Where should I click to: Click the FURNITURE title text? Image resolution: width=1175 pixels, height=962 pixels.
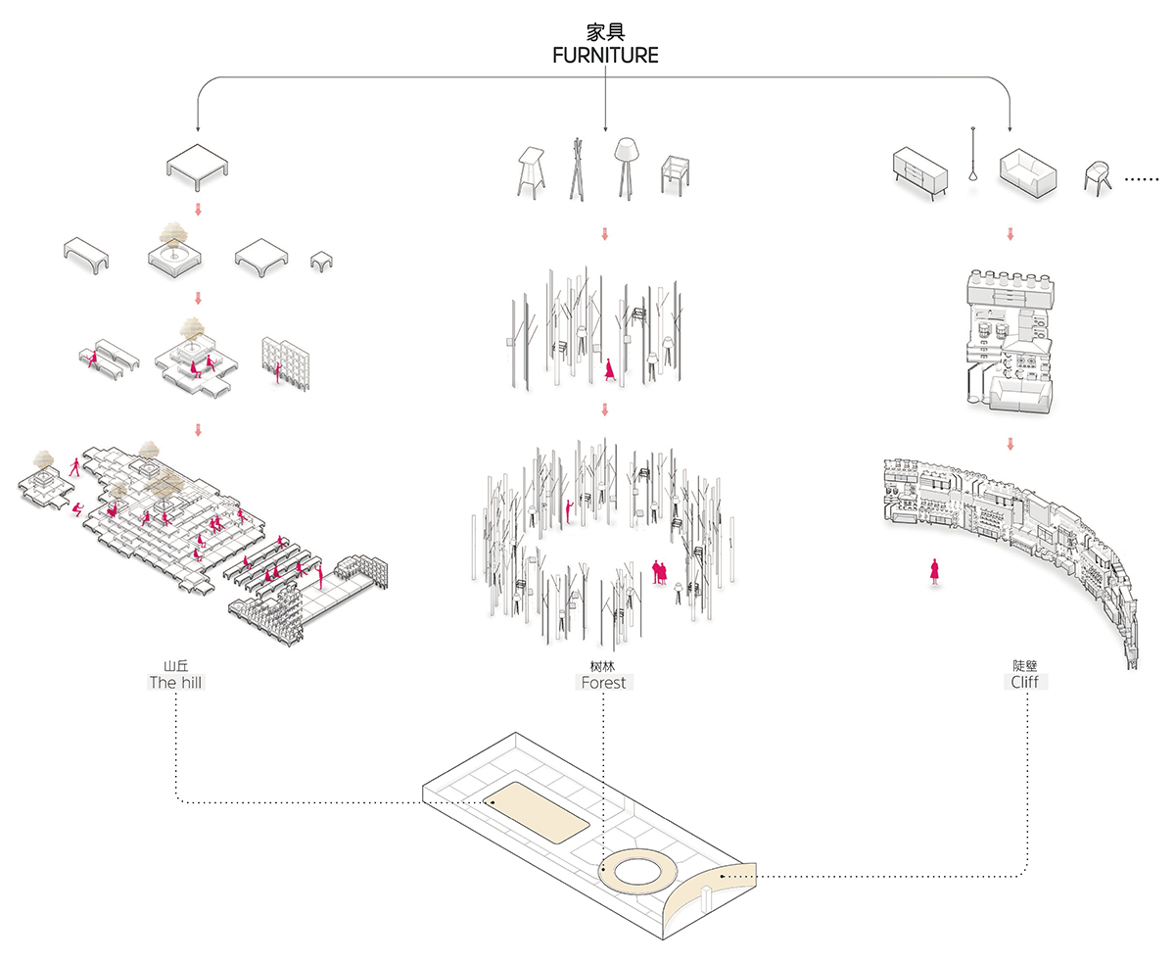605,56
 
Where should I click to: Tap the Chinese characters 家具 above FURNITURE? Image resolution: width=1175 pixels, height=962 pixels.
605,31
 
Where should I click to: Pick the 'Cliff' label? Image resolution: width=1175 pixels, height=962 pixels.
1024,681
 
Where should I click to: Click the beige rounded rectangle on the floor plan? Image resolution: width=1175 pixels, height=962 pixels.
538,813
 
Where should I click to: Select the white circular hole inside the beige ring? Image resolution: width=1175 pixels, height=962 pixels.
634,869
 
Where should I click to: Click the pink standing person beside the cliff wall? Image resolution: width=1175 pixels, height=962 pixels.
935,571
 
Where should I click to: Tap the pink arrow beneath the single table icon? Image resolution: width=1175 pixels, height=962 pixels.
198,210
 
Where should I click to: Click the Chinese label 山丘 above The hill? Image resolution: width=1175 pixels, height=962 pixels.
175,665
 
